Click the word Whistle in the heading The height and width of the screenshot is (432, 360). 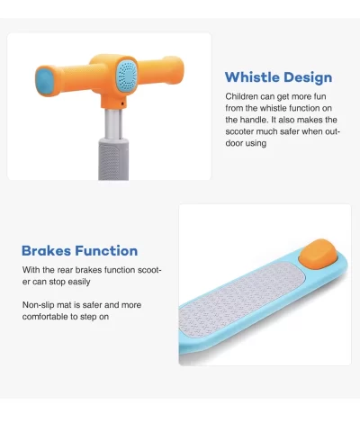coord(253,77)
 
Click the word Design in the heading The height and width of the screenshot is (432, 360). coord(308,77)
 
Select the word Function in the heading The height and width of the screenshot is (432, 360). coord(106,250)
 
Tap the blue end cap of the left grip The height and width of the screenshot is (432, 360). coord(45,80)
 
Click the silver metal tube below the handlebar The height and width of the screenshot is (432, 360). coord(113,123)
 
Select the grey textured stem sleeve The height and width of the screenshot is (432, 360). coord(113,159)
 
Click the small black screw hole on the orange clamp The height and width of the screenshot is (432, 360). coord(122,103)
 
